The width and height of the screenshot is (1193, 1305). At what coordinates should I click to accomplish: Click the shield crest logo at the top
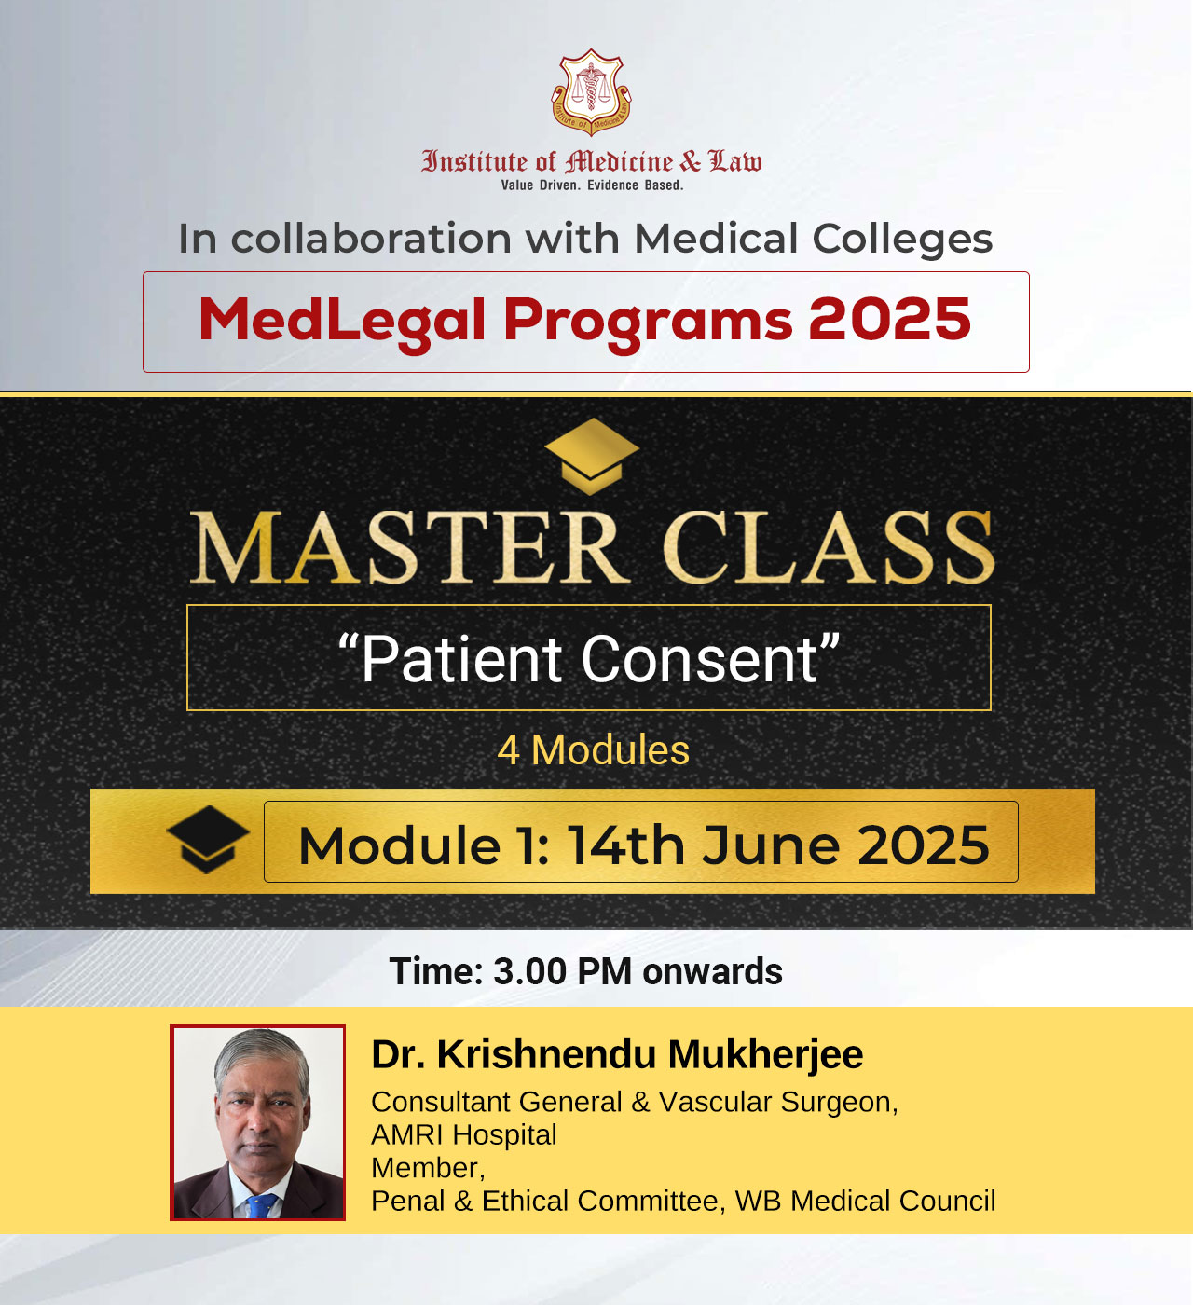tap(591, 92)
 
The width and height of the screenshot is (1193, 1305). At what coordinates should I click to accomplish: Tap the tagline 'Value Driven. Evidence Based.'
tap(592, 185)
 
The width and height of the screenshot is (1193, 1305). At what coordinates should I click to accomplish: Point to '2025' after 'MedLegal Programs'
tap(889, 319)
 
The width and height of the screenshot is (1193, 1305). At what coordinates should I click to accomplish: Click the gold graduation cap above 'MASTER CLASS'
tap(591, 456)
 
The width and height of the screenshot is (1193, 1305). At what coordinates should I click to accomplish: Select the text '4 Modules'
tap(594, 750)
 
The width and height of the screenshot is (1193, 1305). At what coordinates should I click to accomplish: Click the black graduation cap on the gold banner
tap(208, 840)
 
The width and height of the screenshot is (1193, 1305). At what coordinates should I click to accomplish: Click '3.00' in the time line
tap(530, 972)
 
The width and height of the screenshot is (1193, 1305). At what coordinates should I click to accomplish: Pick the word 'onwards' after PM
tap(712, 972)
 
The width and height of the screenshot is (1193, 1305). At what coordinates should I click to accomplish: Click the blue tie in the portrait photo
tap(262, 1205)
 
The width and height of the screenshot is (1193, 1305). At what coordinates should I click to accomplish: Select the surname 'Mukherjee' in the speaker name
tap(765, 1054)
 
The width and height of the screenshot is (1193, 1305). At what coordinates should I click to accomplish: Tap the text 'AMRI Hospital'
tap(464, 1134)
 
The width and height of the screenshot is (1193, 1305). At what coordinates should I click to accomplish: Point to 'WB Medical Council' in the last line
tap(865, 1201)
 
